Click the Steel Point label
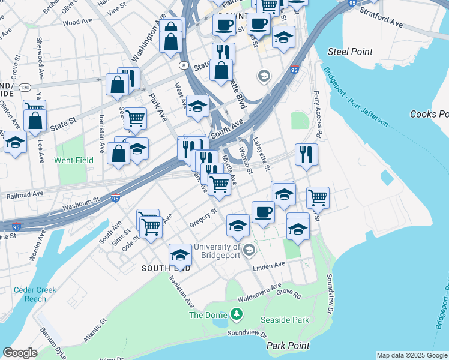click(350, 52)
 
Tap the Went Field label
click(74, 160)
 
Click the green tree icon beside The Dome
click(237, 314)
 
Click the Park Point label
click(288, 346)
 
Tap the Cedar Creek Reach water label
click(35, 294)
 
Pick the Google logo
click(20, 353)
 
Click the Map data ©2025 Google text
click(411, 355)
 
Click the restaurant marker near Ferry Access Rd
click(306, 155)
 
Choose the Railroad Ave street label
click(25, 196)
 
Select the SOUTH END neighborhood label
click(166, 268)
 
